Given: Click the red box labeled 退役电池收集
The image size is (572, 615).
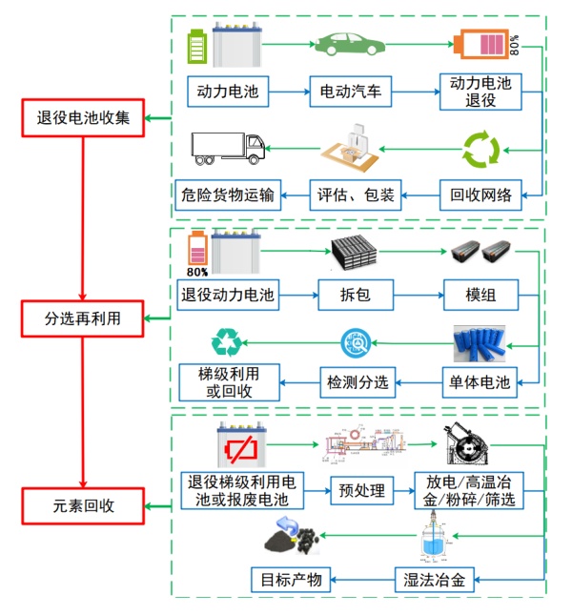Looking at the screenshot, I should tap(83, 120).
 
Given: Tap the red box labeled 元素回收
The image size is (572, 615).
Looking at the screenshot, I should tap(83, 506).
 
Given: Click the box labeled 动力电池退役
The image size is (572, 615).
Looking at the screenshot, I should tap(480, 92).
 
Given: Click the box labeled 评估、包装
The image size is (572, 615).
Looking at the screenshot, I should tap(357, 196).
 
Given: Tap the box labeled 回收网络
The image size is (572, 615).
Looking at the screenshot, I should tap(480, 196).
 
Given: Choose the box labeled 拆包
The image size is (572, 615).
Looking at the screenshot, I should tap(356, 296).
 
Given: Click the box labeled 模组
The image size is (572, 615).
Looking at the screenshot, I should tap(480, 296).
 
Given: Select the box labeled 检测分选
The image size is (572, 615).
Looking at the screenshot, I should tap(357, 383).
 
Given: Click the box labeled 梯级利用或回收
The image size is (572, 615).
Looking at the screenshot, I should tap(229, 382).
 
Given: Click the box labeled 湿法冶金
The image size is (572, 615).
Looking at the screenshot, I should tap(435, 579).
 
